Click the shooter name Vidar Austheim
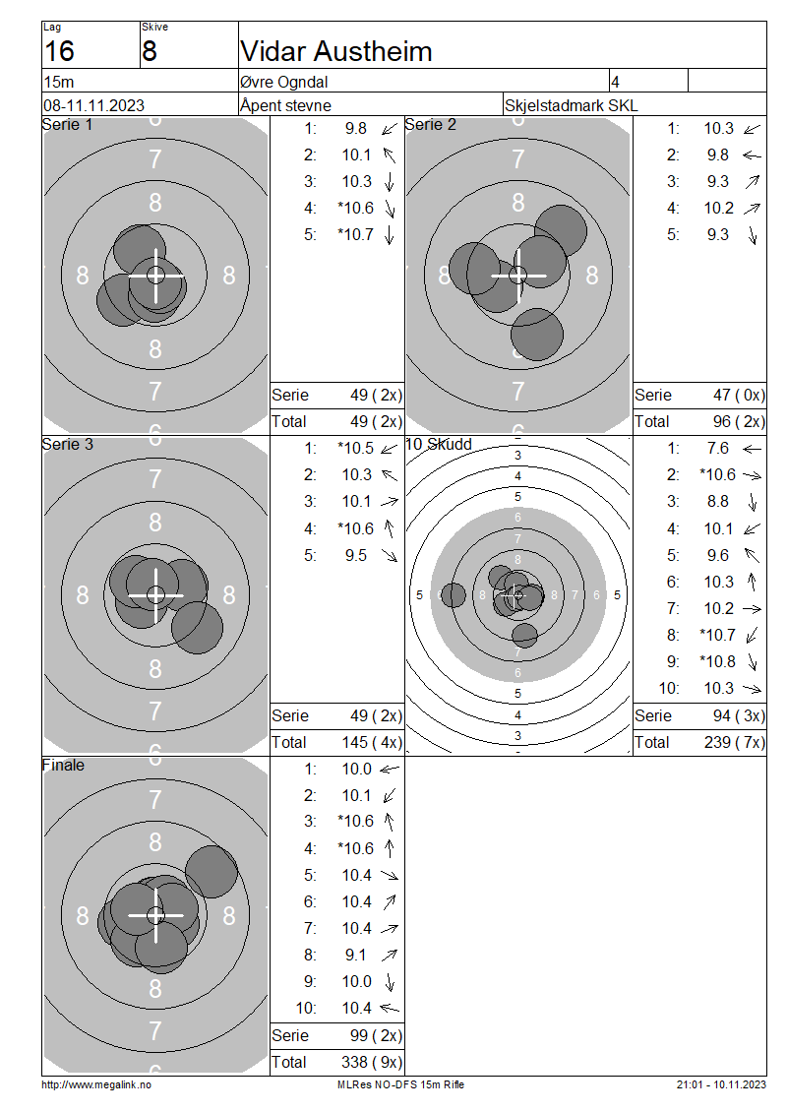coord(336,52)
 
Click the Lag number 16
coord(59,52)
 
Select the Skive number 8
coord(149,52)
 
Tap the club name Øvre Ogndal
coord(283,82)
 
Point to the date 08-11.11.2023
coord(93,105)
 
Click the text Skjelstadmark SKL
coord(571,105)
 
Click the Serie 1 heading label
coord(67,125)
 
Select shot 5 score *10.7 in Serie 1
coord(355,235)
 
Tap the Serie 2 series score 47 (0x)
coord(739,395)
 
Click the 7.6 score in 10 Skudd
coord(717,448)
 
